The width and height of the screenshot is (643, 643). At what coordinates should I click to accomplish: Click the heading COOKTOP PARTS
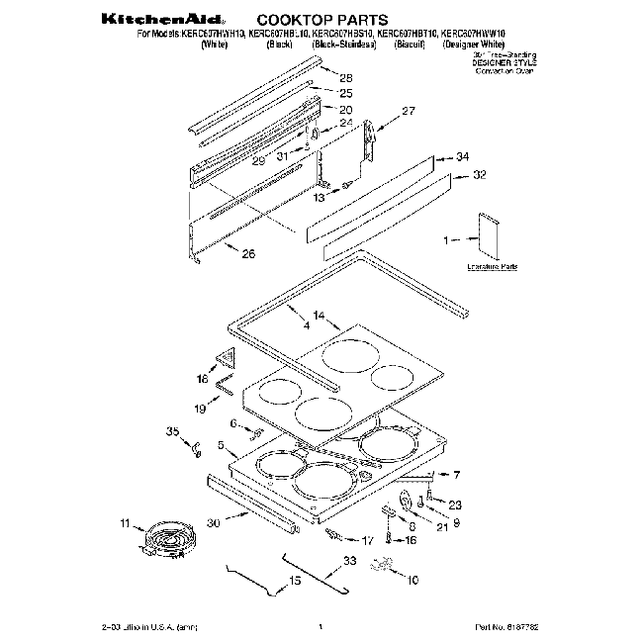tap(311, 18)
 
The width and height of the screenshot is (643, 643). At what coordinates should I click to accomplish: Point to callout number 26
tap(247, 254)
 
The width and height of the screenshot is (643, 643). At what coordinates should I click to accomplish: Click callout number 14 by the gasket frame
tap(319, 314)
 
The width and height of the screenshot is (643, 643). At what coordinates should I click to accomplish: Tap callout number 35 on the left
tap(172, 431)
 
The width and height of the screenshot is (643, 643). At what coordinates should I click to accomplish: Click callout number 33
tap(349, 561)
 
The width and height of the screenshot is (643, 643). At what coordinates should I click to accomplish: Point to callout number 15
tap(294, 581)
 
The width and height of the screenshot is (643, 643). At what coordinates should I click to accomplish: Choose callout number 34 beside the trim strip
tap(463, 157)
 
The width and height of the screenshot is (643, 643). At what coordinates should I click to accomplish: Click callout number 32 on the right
tap(480, 175)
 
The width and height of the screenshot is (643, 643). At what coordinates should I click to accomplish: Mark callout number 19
tap(199, 407)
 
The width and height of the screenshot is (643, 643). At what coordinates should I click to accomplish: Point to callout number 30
tap(213, 524)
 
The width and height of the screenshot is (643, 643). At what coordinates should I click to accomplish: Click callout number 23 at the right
tap(455, 505)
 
